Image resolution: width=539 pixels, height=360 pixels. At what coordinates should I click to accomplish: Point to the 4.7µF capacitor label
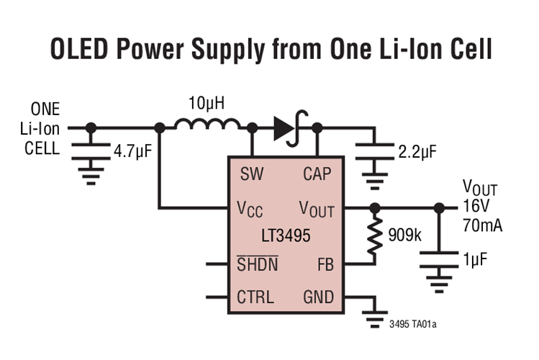(x=137, y=151)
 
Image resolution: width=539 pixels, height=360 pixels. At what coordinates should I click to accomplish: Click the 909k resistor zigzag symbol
(x=374, y=238)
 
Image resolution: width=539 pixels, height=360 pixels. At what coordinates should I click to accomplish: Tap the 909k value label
(x=405, y=235)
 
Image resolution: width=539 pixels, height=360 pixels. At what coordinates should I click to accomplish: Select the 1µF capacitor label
(x=477, y=258)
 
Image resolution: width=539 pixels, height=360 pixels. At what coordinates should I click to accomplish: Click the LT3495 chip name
(x=285, y=235)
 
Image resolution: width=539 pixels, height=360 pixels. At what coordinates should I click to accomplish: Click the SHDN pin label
(x=257, y=265)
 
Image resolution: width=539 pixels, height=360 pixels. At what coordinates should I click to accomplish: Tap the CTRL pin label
(x=255, y=297)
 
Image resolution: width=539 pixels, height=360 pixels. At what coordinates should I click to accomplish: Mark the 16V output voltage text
(x=475, y=208)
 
